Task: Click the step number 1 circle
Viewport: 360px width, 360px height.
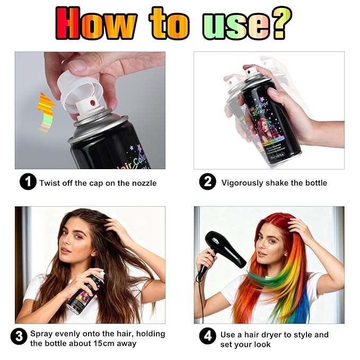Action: (28, 182)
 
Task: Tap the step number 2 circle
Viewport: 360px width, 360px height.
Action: (207, 182)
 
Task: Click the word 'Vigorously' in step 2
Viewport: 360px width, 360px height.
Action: (243, 183)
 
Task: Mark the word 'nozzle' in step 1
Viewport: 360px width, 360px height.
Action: (143, 183)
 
